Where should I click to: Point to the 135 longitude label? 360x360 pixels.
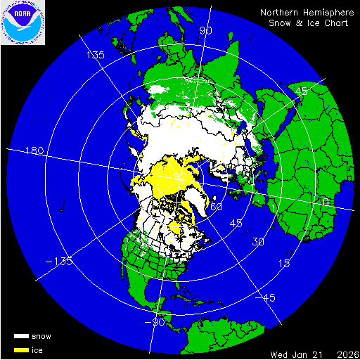pos(95,54)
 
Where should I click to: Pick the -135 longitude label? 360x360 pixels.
pos(60,262)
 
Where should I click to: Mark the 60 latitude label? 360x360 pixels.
pos(217,207)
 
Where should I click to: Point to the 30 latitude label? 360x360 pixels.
pos(259,241)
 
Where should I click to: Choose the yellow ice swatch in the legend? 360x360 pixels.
pos(22,349)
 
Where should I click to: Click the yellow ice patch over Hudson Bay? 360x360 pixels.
pos(176,227)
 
